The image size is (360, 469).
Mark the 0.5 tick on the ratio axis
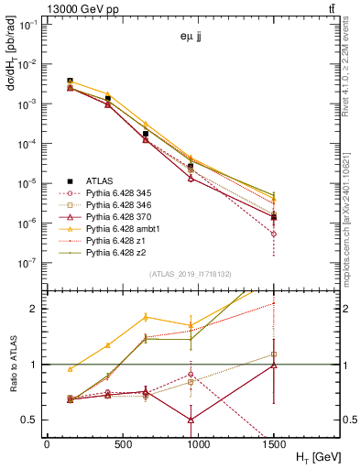(29, 420)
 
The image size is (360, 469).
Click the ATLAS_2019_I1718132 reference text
(191, 275)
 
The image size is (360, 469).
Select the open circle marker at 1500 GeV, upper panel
(273, 234)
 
